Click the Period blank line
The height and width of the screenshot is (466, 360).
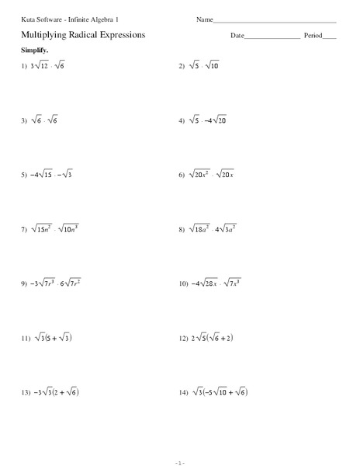point(330,37)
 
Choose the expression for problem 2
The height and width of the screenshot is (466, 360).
point(205,67)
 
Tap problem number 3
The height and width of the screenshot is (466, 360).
point(25,121)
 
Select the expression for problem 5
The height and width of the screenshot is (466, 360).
point(52,176)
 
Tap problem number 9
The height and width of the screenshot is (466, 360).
point(25,284)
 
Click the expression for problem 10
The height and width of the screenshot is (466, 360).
point(218,284)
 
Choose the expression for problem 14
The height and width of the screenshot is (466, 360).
point(220,393)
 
